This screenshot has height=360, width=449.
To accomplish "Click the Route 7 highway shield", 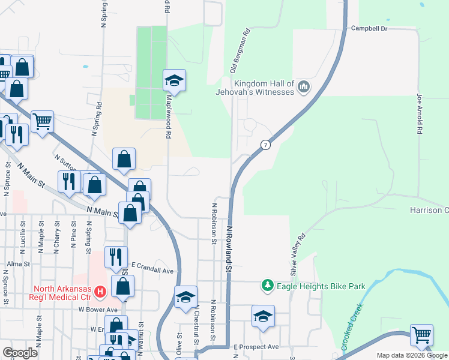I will tap(265, 145).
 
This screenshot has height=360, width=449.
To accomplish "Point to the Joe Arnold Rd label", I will tap(420, 113).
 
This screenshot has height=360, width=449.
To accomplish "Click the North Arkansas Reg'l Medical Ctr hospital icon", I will tap(100, 292).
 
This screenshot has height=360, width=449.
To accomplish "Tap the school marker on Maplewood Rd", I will tap(174, 80).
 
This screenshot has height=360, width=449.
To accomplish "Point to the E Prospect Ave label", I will tap(256, 347).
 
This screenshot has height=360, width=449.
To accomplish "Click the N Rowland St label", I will tap(229, 245).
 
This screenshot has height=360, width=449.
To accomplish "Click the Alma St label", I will tap(19, 264).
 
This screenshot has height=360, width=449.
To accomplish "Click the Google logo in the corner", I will tap(20, 353).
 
